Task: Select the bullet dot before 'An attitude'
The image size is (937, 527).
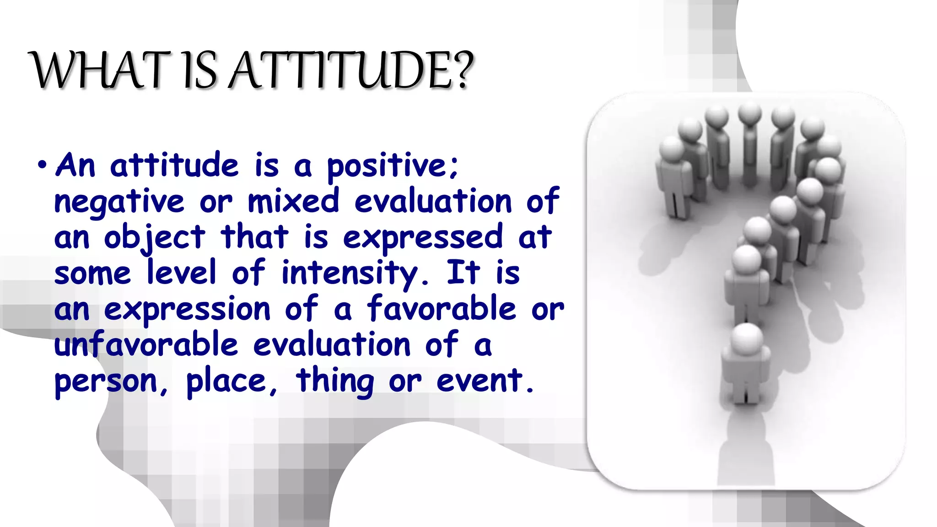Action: tap(42, 165)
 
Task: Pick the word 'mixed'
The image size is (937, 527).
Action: tap(293, 201)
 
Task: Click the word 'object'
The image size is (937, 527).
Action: tap(155, 238)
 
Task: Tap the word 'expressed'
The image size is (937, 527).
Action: tap(423, 238)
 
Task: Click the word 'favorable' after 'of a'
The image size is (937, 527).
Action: tap(442, 308)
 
